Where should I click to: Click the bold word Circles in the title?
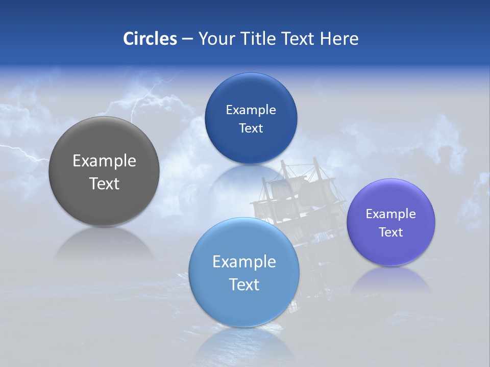[150, 39]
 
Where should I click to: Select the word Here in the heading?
[339, 39]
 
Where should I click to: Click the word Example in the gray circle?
[104, 161]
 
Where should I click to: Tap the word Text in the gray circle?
[104, 183]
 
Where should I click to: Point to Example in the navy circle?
[251, 110]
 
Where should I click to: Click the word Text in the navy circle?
[251, 128]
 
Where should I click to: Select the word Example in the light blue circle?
[244, 262]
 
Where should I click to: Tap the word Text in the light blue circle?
[244, 284]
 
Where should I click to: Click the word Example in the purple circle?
[390, 214]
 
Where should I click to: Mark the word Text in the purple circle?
[390, 232]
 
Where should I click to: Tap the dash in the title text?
[187, 39]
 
